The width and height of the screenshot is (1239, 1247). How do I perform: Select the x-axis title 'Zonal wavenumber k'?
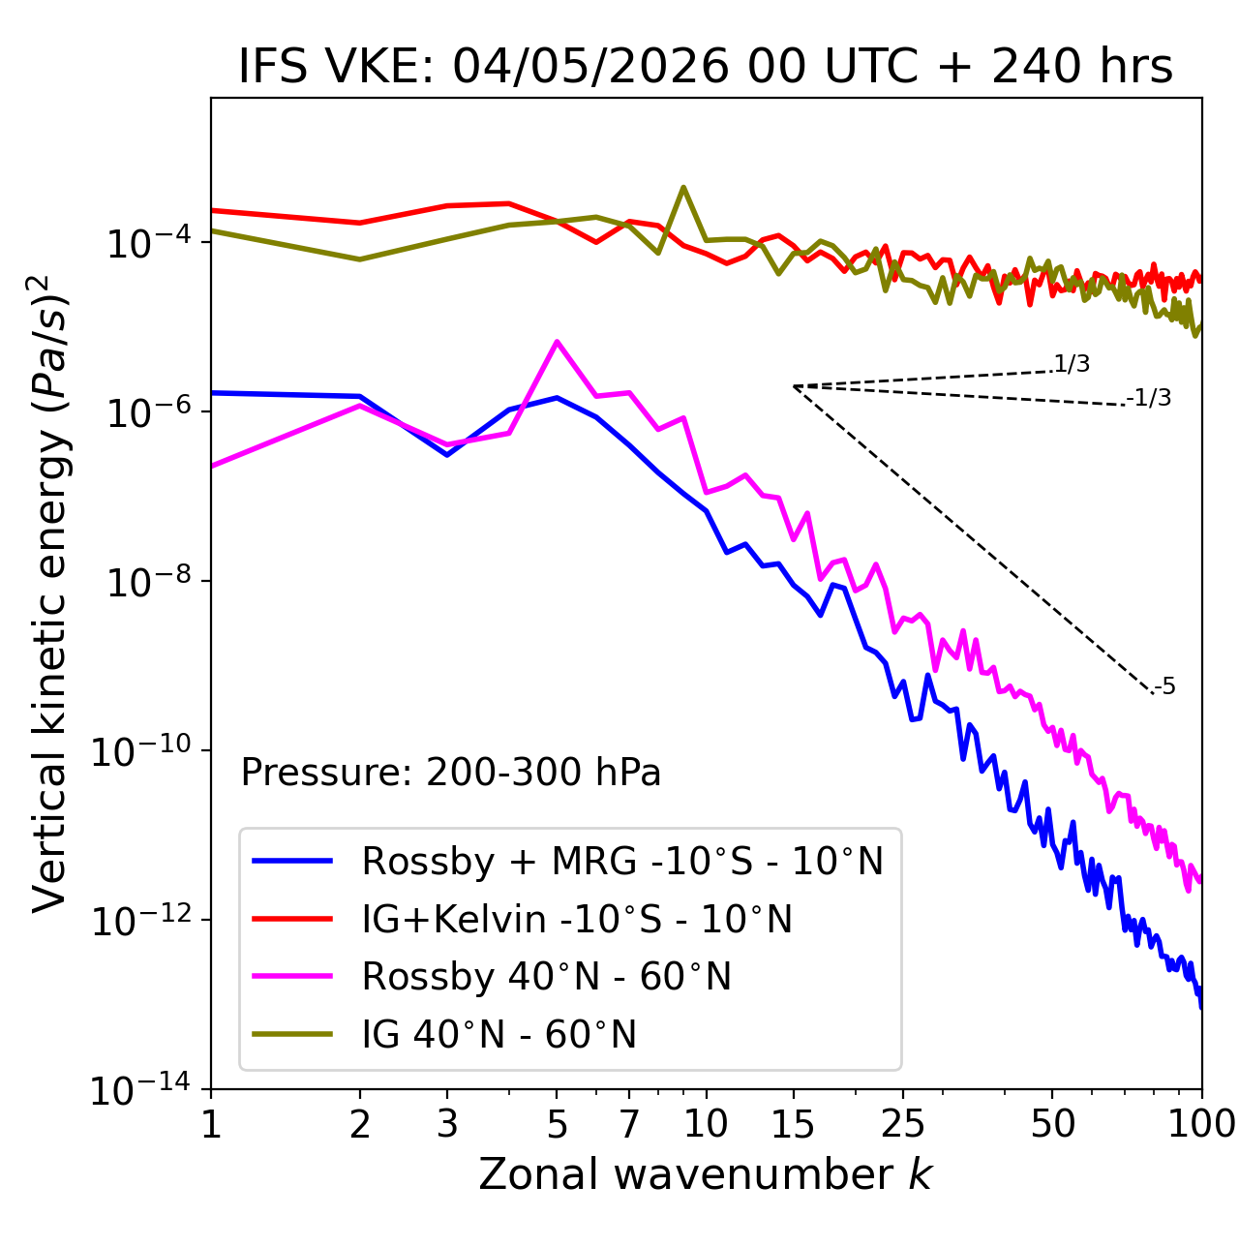click(706, 1173)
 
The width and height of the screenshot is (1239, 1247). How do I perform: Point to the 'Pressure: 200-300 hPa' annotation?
click(451, 772)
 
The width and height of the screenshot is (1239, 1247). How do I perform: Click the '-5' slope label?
click(1164, 686)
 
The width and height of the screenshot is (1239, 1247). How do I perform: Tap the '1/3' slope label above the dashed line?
click(1073, 364)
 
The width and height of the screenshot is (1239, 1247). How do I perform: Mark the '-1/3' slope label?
click(1149, 398)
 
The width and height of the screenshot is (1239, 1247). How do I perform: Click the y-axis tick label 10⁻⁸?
click(149, 582)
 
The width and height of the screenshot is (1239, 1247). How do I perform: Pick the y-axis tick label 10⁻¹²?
click(141, 920)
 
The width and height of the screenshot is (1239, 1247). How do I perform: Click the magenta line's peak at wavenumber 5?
click(557, 341)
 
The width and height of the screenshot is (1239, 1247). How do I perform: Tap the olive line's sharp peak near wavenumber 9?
click(683, 188)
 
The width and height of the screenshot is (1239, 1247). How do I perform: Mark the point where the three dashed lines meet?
click(793, 386)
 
